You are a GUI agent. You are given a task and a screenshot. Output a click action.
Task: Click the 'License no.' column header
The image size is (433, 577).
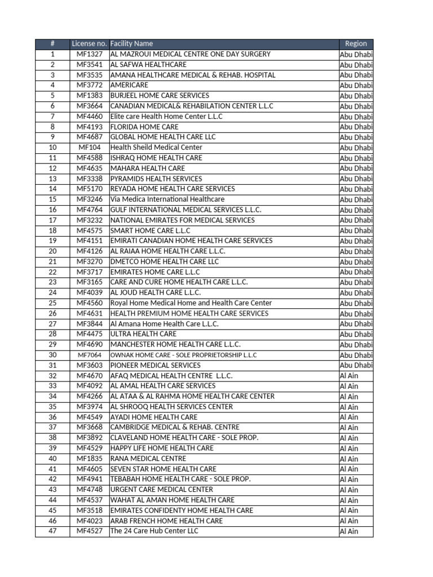pyautogui.click(x=89, y=44)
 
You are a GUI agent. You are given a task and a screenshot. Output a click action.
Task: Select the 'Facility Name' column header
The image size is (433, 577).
pyautogui.click(x=131, y=44)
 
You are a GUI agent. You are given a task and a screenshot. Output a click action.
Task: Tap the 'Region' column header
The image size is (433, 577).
pyautogui.click(x=356, y=44)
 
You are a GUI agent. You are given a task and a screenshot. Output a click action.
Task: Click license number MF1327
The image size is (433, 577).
pyautogui.click(x=89, y=54)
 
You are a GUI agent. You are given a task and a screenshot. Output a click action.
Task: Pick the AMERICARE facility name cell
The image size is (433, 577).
pyautogui.click(x=129, y=85)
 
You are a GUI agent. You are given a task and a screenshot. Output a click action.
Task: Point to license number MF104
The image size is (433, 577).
pyautogui.click(x=89, y=148)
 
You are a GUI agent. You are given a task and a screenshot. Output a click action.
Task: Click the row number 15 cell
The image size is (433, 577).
pyautogui.click(x=52, y=199)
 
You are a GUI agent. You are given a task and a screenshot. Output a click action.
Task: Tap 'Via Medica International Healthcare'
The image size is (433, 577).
pyautogui.click(x=167, y=199)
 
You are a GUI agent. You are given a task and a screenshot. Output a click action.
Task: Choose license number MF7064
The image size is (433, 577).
pyautogui.click(x=89, y=355)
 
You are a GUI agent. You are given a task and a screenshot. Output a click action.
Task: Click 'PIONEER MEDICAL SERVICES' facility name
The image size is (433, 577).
pyautogui.click(x=155, y=365)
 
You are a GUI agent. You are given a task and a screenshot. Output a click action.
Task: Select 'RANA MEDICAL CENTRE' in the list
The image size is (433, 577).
pyautogui.click(x=148, y=459)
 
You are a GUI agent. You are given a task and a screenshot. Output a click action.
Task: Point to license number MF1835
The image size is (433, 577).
pyautogui.click(x=89, y=459)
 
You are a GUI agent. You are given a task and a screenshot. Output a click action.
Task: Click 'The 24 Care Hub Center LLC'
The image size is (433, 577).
pyautogui.click(x=154, y=531)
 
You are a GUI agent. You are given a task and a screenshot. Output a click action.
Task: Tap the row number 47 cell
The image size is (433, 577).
pyautogui.click(x=52, y=531)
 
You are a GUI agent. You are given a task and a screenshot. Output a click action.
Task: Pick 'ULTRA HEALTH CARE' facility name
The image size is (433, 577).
pyautogui.click(x=143, y=334)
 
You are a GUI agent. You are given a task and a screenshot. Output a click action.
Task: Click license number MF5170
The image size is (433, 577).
pyautogui.click(x=89, y=189)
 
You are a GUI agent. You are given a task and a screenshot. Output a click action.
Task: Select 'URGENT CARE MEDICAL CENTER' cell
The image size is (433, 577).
pyautogui.click(x=161, y=490)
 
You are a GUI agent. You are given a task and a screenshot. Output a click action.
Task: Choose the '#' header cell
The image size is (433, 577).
pyautogui.click(x=52, y=44)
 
